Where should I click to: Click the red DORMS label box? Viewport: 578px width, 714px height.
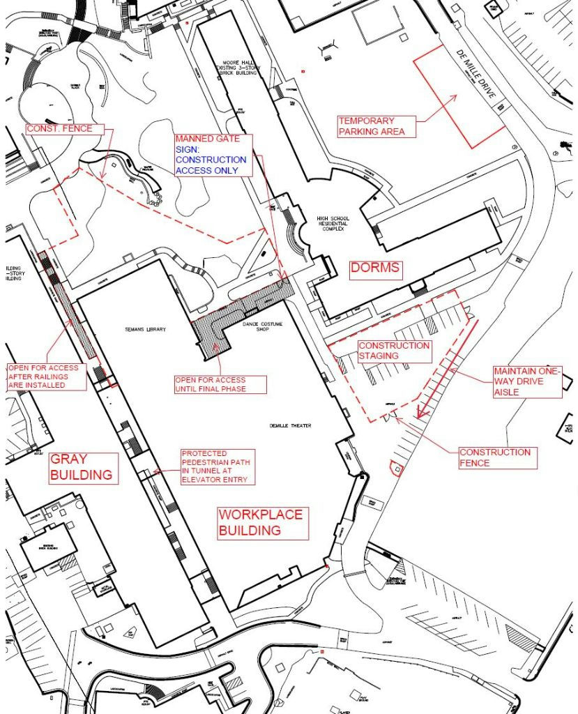(375, 268)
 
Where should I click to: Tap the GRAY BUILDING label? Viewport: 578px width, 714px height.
(82, 467)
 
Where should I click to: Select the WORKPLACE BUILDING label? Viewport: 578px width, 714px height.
(261, 523)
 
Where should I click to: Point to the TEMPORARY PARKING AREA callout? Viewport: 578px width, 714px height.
(371, 126)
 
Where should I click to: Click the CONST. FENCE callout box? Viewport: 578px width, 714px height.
(59, 129)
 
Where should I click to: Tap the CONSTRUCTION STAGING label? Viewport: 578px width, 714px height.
(393, 351)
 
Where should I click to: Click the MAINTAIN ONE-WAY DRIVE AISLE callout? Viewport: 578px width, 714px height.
(526, 382)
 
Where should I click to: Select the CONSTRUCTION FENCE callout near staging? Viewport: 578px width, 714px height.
(494, 458)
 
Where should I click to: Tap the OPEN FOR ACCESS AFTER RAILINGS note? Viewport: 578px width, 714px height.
(46, 377)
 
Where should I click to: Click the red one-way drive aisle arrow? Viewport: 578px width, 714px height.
(446, 370)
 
